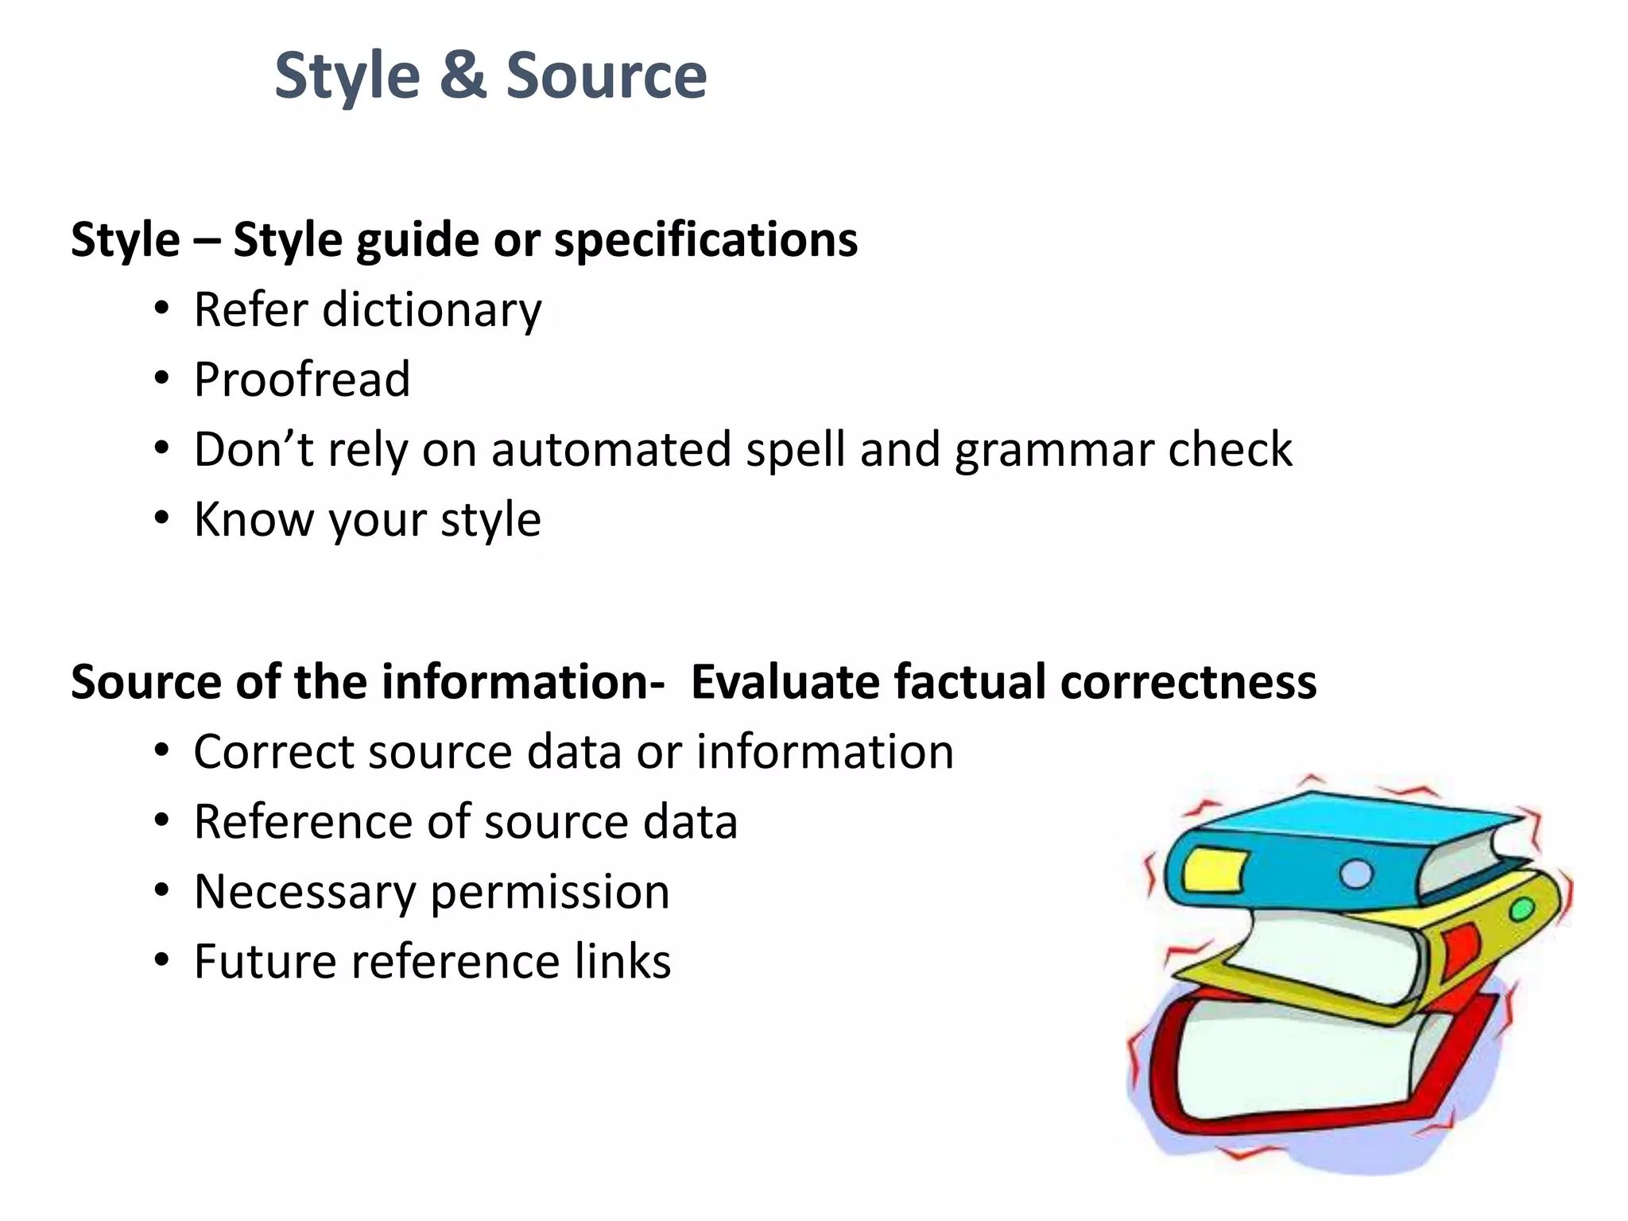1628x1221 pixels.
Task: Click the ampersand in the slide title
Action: coord(463,76)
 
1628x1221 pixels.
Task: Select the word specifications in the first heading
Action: coord(706,240)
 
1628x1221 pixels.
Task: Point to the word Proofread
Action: coord(302,379)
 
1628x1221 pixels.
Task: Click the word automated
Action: coord(610,449)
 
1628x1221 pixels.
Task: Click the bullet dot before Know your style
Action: coord(162,518)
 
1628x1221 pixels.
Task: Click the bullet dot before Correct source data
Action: coord(162,750)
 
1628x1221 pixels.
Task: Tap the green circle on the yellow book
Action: coord(1521,909)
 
